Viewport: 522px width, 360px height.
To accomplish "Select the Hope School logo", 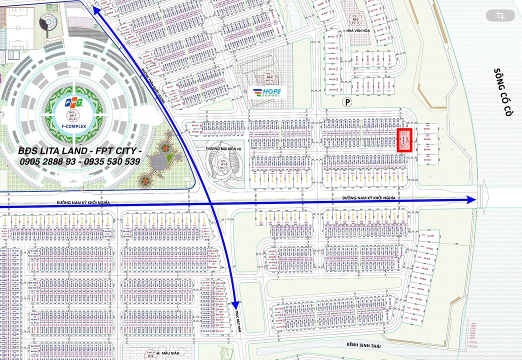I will click(x=267, y=93).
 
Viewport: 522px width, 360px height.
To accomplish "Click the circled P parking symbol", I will click(x=346, y=102).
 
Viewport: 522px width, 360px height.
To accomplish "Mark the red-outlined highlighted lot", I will click(x=404, y=140).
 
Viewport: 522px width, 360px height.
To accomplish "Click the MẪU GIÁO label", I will click(x=172, y=353).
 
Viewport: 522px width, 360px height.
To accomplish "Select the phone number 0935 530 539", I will click(x=113, y=161).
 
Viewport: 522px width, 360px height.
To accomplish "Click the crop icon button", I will click(x=500, y=16).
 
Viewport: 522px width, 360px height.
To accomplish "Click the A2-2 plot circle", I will click(x=265, y=77).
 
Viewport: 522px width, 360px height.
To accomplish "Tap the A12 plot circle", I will click(x=150, y=354).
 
